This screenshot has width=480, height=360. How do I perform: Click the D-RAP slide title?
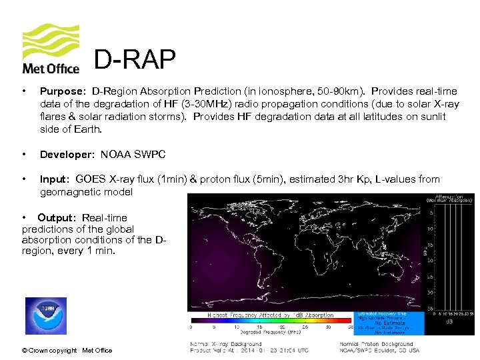pyautogui.click(x=135, y=61)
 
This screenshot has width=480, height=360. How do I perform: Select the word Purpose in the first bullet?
pyautogui.click(x=63, y=91)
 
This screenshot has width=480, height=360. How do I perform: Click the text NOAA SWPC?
pyautogui.click(x=133, y=155)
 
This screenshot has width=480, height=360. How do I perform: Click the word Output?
pyautogui.click(x=57, y=218)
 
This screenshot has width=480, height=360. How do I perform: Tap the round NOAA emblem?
pyautogui.click(x=46, y=316)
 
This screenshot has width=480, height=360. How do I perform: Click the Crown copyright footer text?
pyautogui.click(x=67, y=351)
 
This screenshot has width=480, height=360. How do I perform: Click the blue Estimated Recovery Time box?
pyautogui.click(x=391, y=323)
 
